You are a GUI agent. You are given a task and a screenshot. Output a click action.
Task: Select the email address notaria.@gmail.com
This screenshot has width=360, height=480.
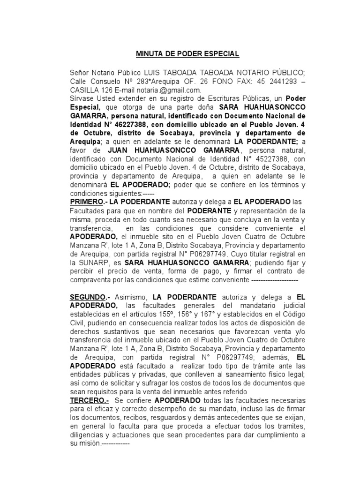pyautogui.click(x=174, y=90)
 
